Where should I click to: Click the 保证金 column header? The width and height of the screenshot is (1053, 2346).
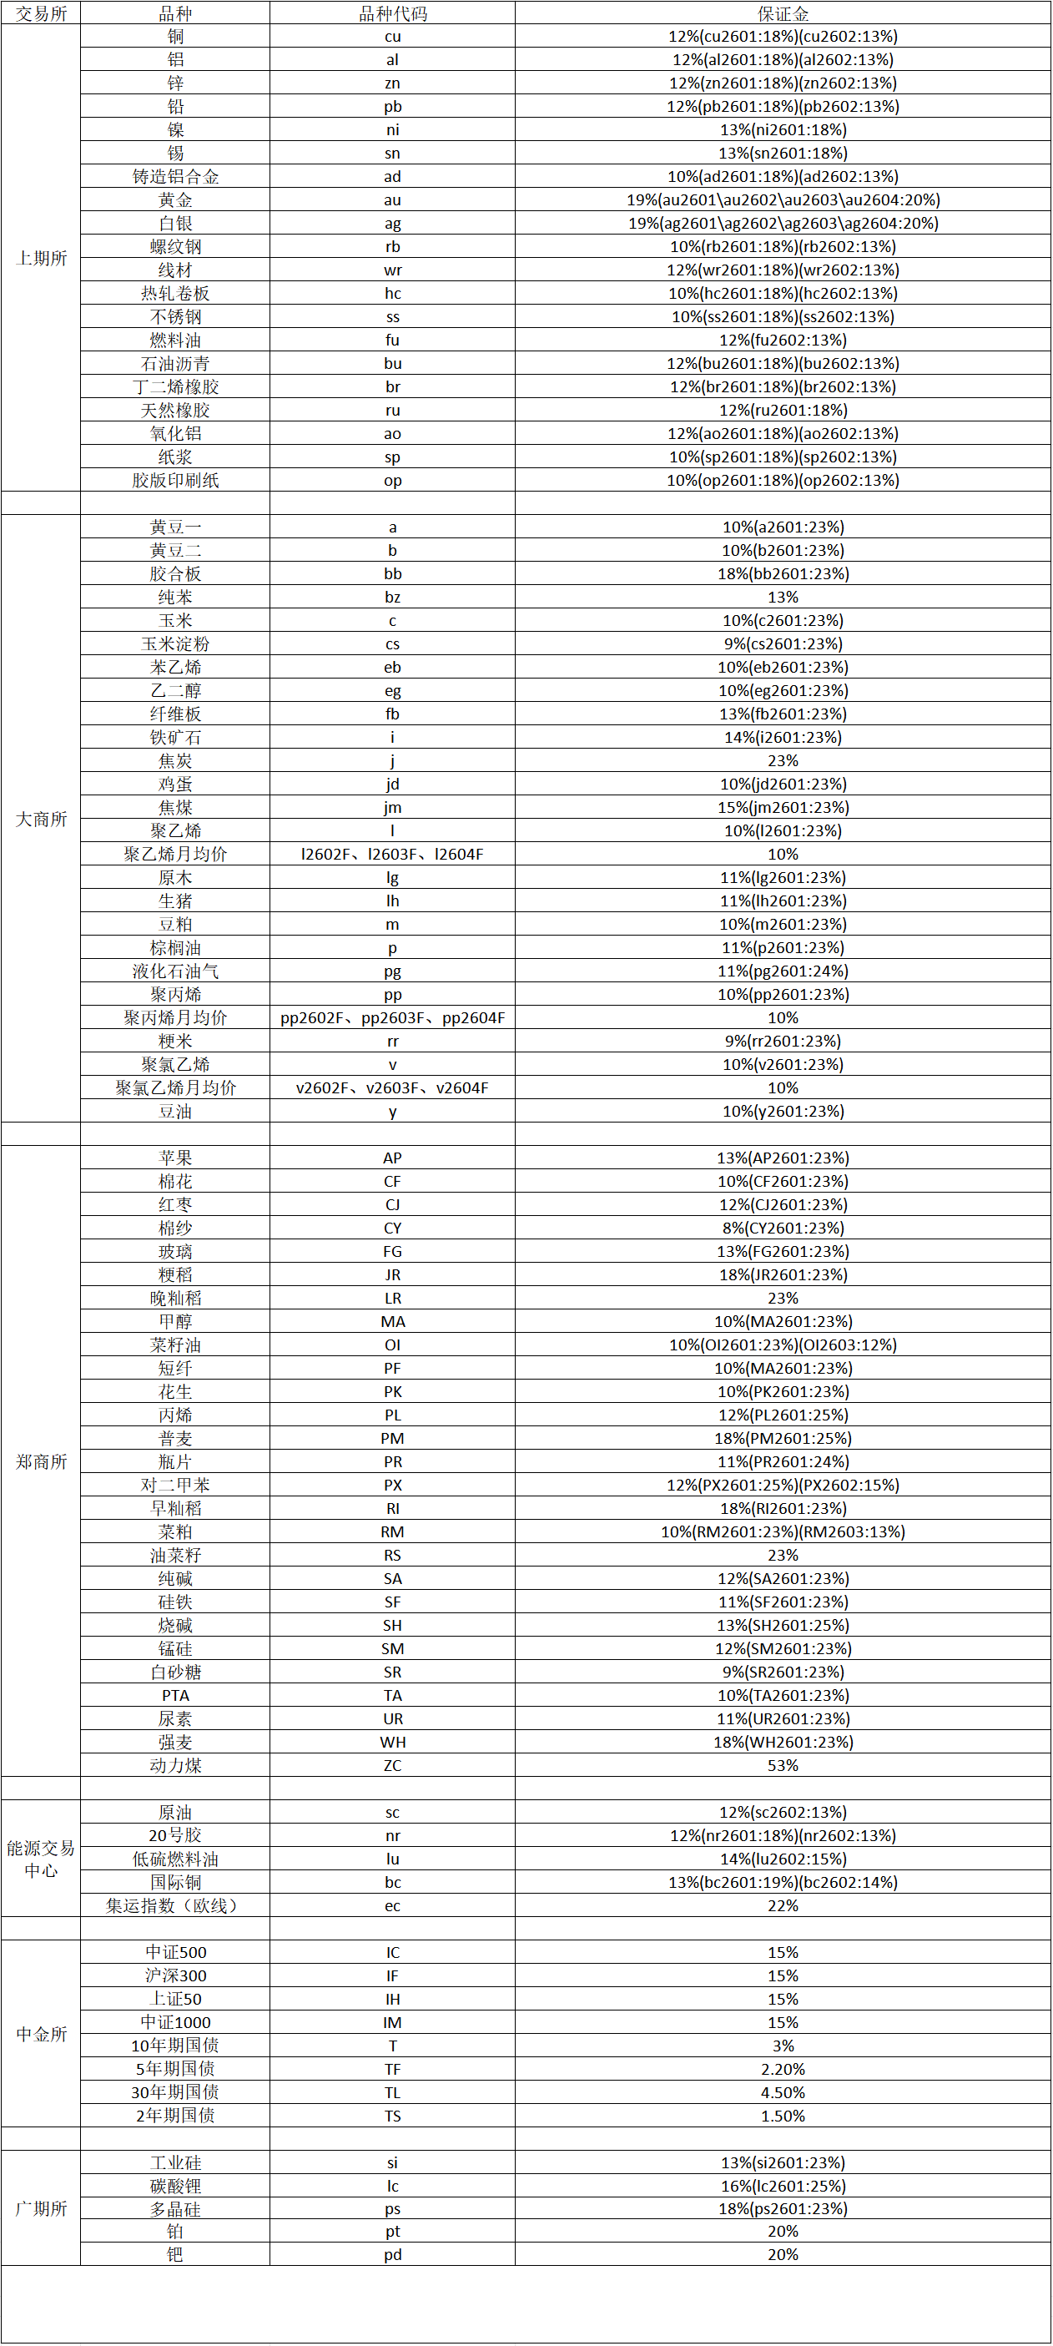[x=783, y=13]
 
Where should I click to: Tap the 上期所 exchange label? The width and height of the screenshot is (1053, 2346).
[x=41, y=259]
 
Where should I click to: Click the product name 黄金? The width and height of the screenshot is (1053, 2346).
[x=175, y=200]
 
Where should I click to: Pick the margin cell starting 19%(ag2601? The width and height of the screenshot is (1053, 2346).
[x=783, y=223]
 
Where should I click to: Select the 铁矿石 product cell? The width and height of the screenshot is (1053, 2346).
[x=175, y=738]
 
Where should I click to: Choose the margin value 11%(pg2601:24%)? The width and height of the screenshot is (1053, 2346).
[x=783, y=971]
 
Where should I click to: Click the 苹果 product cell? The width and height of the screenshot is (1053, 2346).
[x=175, y=1158]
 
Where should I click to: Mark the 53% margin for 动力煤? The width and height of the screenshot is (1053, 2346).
[x=783, y=1765]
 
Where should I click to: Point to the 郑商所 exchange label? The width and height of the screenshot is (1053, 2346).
[x=41, y=1461]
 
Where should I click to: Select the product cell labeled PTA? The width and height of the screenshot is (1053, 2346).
[x=175, y=1695]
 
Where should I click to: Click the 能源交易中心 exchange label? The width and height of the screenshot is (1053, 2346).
[x=41, y=1859]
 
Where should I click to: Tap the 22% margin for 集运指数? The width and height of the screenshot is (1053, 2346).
[x=783, y=1905]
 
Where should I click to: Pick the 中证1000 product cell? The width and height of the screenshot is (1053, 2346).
[x=175, y=2022]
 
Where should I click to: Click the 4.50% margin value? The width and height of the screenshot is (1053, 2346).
[x=783, y=2092]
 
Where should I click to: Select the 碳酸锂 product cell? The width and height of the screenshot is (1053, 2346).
[x=175, y=2186]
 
